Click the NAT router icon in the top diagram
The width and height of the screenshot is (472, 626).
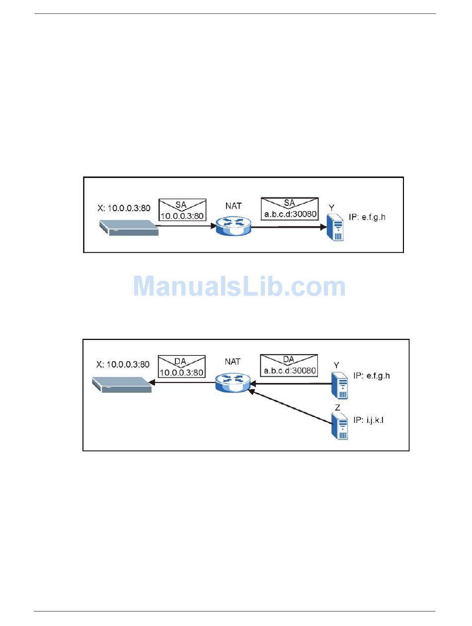point(234,226)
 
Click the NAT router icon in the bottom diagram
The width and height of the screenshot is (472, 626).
point(232,383)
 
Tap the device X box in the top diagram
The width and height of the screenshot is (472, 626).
point(129,228)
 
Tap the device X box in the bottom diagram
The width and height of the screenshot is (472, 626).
point(122,385)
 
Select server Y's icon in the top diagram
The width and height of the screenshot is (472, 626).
point(336,228)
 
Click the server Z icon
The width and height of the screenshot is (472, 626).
point(340,426)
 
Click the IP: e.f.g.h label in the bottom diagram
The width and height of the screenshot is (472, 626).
point(372,376)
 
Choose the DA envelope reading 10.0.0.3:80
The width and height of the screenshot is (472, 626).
point(182,367)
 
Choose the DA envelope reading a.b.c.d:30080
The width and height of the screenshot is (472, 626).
point(289,366)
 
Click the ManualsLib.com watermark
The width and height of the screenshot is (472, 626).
point(239,287)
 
